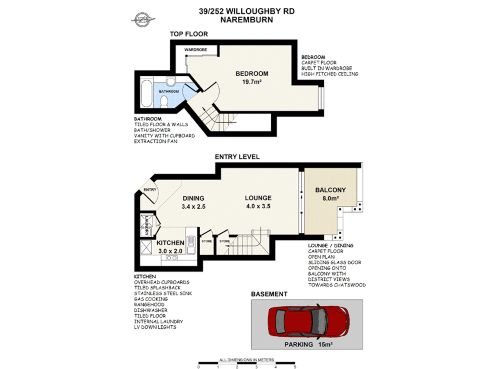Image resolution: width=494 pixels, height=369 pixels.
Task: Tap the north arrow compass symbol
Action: tap(143, 20)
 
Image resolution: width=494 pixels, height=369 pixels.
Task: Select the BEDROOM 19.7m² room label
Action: tap(252, 78)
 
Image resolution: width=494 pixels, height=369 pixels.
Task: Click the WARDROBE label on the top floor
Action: tap(196, 50)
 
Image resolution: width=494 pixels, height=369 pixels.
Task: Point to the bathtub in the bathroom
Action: tap(146, 94)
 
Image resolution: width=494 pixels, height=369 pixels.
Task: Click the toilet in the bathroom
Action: tap(164, 101)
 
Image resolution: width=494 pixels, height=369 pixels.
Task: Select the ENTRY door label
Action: tap(149, 190)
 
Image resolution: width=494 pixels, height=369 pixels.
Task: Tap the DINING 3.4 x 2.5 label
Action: tap(193, 202)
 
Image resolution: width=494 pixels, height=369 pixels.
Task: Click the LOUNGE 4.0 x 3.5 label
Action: tap(258, 202)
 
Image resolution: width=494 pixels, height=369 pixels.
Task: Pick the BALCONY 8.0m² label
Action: tap(330, 194)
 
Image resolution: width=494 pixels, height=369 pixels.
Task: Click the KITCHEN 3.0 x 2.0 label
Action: tap(170, 247)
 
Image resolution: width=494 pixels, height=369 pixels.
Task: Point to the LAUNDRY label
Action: tap(146, 225)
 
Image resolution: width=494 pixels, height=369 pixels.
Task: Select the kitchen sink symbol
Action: tap(191, 245)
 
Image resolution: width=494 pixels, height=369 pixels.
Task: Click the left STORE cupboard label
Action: tap(207, 241)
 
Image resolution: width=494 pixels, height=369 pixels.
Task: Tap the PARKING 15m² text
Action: tap(308, 344)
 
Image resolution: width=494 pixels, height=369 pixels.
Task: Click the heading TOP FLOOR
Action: tap(189, 34)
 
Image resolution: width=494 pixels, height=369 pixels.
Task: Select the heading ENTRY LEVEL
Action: tap(237, 157)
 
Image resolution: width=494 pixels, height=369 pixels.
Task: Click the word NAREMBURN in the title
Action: tap(246, 20)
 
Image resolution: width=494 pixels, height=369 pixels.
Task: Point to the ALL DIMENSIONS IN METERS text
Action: tap(246, 360)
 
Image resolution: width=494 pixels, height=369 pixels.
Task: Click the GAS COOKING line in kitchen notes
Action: tap(151, 299)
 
